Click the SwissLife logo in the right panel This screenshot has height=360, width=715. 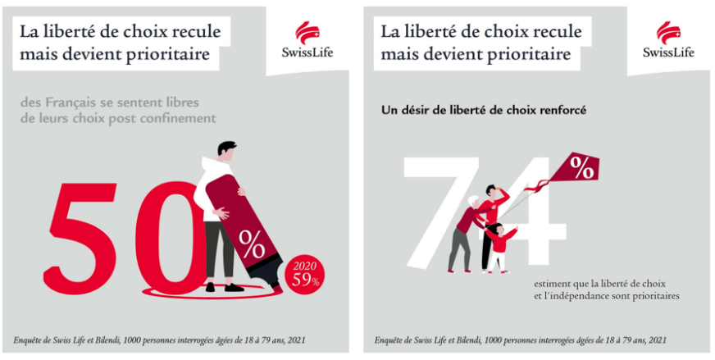point(668,40)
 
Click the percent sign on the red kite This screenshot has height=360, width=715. point(582,169)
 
